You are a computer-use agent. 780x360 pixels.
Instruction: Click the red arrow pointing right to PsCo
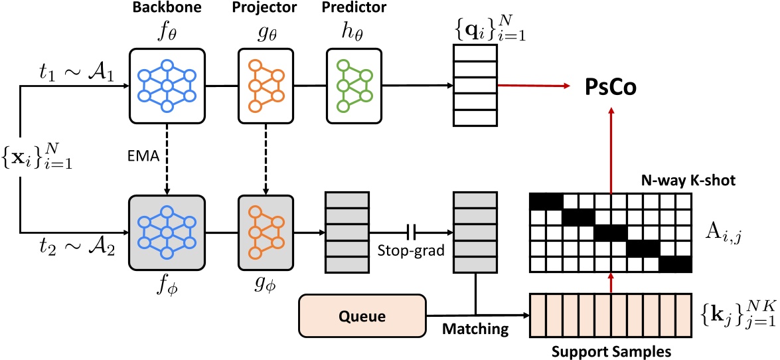point(534,86)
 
